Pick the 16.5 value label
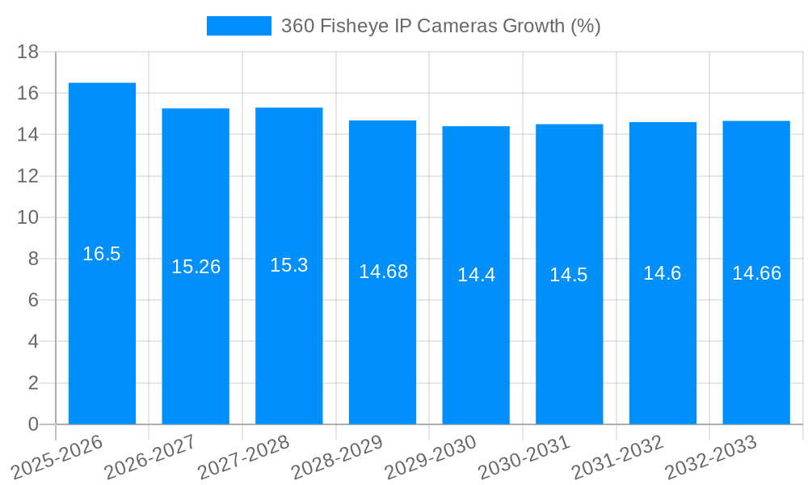(102, 254)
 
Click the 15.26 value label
(196, 267)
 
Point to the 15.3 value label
(289, 265)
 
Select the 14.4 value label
(476, 275)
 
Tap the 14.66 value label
(756, 273)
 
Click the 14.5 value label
(569, 275)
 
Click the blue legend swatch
(239, 26)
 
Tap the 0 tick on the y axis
(33, 424)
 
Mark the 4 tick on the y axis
(33, 342)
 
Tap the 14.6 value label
(663, 273)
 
